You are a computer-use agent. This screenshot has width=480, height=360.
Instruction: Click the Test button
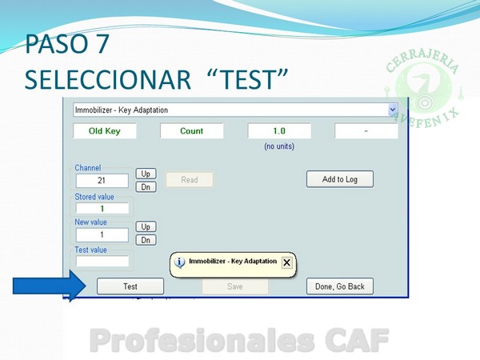coord(130,286)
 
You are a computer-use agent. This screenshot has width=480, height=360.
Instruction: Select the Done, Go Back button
coord(340,286)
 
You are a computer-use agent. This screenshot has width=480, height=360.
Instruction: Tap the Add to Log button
coord(340,179)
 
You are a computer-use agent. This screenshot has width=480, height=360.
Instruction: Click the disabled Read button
coord(190,180)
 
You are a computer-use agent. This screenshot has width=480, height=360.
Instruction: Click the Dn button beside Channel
coord(146,186)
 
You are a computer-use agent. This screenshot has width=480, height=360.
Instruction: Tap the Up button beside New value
coord(146,227)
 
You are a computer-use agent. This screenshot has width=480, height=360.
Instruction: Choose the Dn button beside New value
coord(146,240)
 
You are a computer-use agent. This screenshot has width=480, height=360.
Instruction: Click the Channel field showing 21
coord(102,181)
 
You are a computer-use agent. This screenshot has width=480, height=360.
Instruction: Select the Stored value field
coord(102,209)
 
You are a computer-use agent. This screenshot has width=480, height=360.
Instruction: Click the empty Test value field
coord(102,261)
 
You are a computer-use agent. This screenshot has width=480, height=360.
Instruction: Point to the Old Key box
coord(105,131)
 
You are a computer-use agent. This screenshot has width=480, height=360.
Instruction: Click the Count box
coord(192,131)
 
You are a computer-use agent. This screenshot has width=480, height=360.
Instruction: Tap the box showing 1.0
coord(279,131)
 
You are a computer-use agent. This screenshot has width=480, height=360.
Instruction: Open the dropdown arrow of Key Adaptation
coord(393,110)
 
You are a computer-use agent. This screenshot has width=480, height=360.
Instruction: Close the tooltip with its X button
coord(287,262)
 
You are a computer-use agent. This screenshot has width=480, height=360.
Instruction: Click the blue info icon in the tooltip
coord(180,262)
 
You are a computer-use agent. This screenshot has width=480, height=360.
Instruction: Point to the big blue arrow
coord(50,286)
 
